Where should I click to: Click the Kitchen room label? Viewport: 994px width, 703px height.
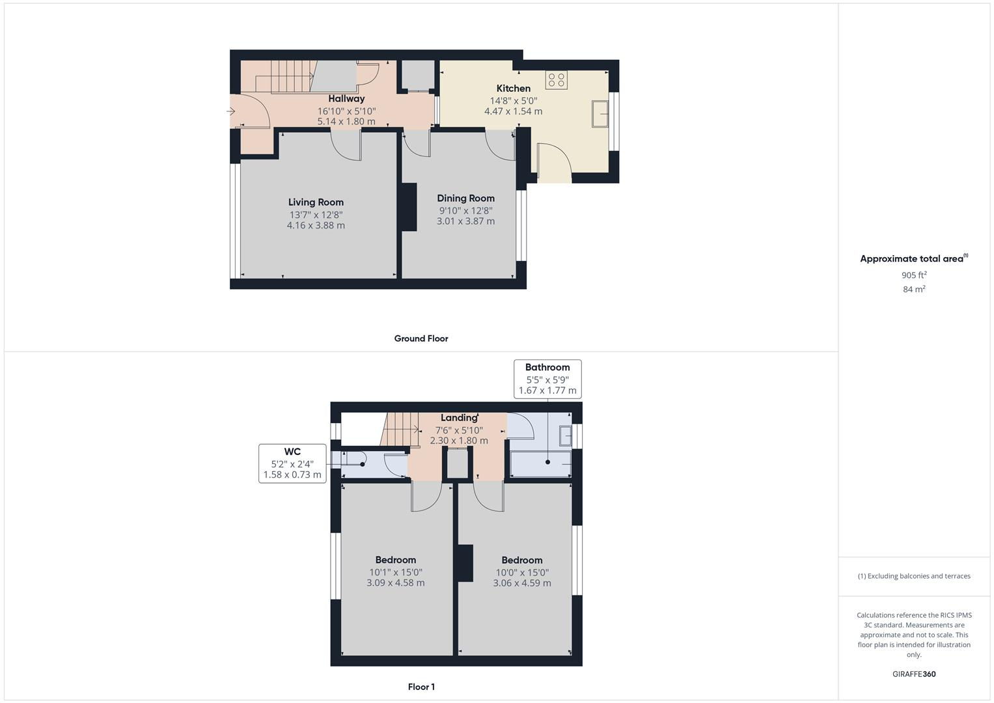[513, 89]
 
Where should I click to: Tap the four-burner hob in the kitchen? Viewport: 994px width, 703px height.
[556, 80]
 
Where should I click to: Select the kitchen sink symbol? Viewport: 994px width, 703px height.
[600, 114]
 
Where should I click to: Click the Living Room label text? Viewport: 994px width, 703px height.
[316, 202]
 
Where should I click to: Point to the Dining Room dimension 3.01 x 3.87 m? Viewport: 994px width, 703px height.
[465, 221]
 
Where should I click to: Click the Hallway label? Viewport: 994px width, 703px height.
[346, 99]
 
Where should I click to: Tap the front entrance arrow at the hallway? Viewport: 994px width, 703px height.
[230, 111]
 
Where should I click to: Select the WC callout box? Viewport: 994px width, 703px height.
[292, 463]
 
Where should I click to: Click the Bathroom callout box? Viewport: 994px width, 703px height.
[547, 379]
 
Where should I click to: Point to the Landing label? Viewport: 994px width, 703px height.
[458, 418]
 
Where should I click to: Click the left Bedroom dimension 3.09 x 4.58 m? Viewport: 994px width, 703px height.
[395, 583]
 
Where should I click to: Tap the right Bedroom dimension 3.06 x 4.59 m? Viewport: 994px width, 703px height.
[521, 583]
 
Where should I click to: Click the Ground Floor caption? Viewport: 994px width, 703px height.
[421, 338]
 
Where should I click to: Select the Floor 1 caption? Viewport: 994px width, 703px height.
[421, 687]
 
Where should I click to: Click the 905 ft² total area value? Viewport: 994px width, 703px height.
[914, 275]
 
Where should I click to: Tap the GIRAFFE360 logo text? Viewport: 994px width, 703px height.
[914, 674]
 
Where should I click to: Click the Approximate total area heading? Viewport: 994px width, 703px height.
[913, 258]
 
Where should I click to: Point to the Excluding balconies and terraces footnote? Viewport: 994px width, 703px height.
[914, 576]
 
